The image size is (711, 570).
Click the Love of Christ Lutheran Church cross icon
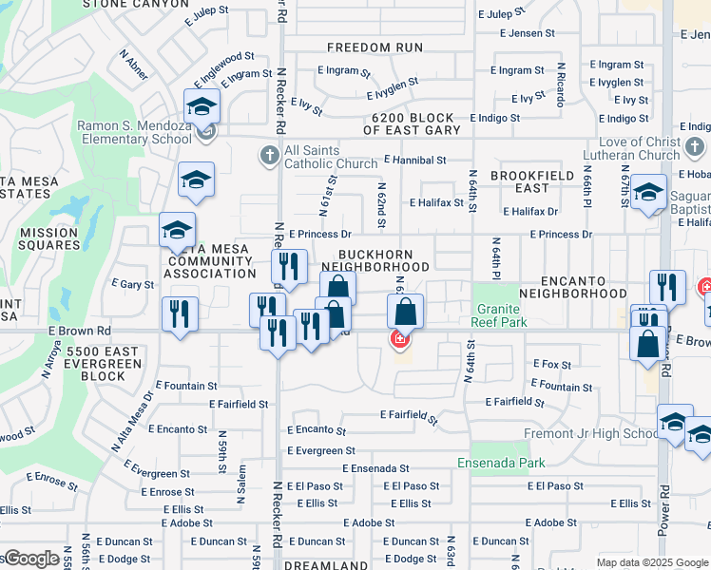point(696,147)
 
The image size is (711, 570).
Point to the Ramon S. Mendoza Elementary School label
point(135,132)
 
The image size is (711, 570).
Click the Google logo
point(30,558)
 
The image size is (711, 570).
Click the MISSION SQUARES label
point(48,238)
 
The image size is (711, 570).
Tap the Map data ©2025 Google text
point(652,562)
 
